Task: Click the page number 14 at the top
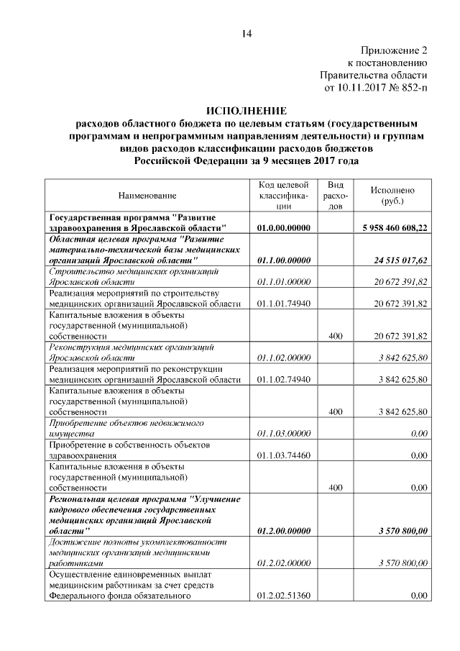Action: click(247, 33)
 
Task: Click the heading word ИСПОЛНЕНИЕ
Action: click(246, 111)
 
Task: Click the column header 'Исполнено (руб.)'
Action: click(392, 196)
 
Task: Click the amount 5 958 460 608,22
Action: click(394, 228)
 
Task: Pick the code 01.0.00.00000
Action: click(283, 228)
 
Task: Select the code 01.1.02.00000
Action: click(283, 358)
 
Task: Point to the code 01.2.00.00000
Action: click(283, 531)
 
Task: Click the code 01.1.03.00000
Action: click(283, 434)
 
